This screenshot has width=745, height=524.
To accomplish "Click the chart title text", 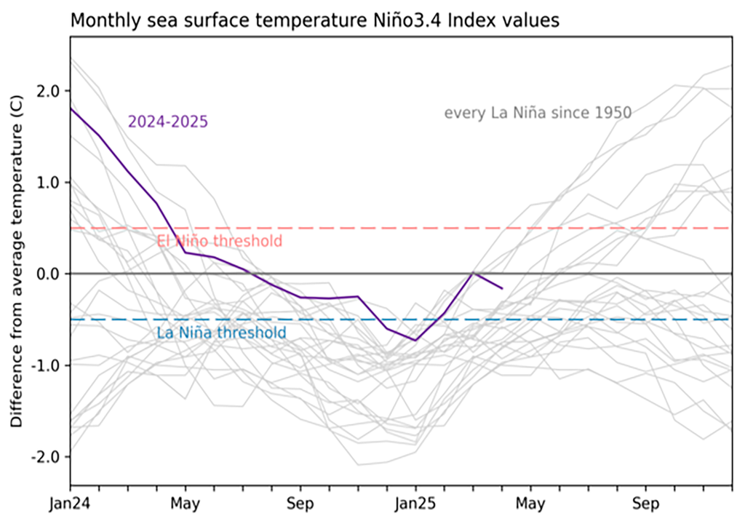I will pyautogui.click(x=314, y=20).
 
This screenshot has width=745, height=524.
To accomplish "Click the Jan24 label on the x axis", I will pyautogui.click(x=71, y=504).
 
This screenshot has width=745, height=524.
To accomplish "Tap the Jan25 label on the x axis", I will pyautogui.click(x=416, y=504).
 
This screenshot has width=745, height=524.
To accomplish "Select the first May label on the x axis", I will pyautogui.click(x=186, y=504).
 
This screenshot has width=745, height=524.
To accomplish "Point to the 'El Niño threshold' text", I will pyautogui.click(x=219, y=241).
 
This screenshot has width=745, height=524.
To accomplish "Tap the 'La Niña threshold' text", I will pyautogui.click(x=221, y=333).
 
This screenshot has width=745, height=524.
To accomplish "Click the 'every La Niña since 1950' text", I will pyautogui.click(x=538, y=113).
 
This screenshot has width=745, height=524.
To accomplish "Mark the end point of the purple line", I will pyautogui.click(x=502, y=289).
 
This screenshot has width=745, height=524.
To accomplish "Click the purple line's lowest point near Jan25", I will pyautogui.click(x=415, y=341).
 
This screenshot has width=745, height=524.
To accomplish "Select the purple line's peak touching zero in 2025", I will pyautogui.click(x=474, y=273).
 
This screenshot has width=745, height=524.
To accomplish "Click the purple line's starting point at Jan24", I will pyautogui.click(x=71, y=108).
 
